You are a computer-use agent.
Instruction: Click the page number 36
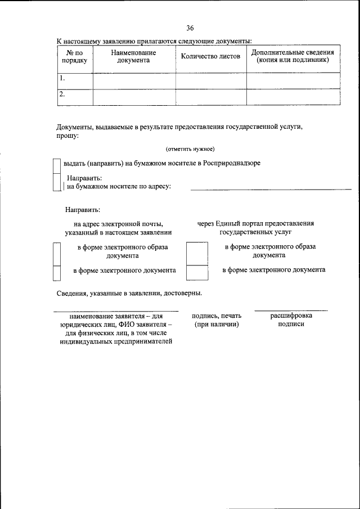(x=190, y=28)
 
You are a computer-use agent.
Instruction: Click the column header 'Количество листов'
(x=210, y=56)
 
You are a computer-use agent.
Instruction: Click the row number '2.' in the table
(x=63, y=94)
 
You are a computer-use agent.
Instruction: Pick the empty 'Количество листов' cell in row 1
(x=210, y=80)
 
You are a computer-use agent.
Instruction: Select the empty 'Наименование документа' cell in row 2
(x=133, y=97)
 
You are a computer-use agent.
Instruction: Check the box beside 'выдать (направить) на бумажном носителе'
(x=56, y=164)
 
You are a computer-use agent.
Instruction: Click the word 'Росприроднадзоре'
(x=232, y=163)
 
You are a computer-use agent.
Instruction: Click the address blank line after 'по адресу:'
(x=271, y=189)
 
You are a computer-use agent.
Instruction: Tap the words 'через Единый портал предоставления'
(x=255, y=223)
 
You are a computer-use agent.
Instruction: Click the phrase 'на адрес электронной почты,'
(x=118, y=224)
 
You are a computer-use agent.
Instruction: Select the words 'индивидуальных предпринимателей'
(x=116, y=341)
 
